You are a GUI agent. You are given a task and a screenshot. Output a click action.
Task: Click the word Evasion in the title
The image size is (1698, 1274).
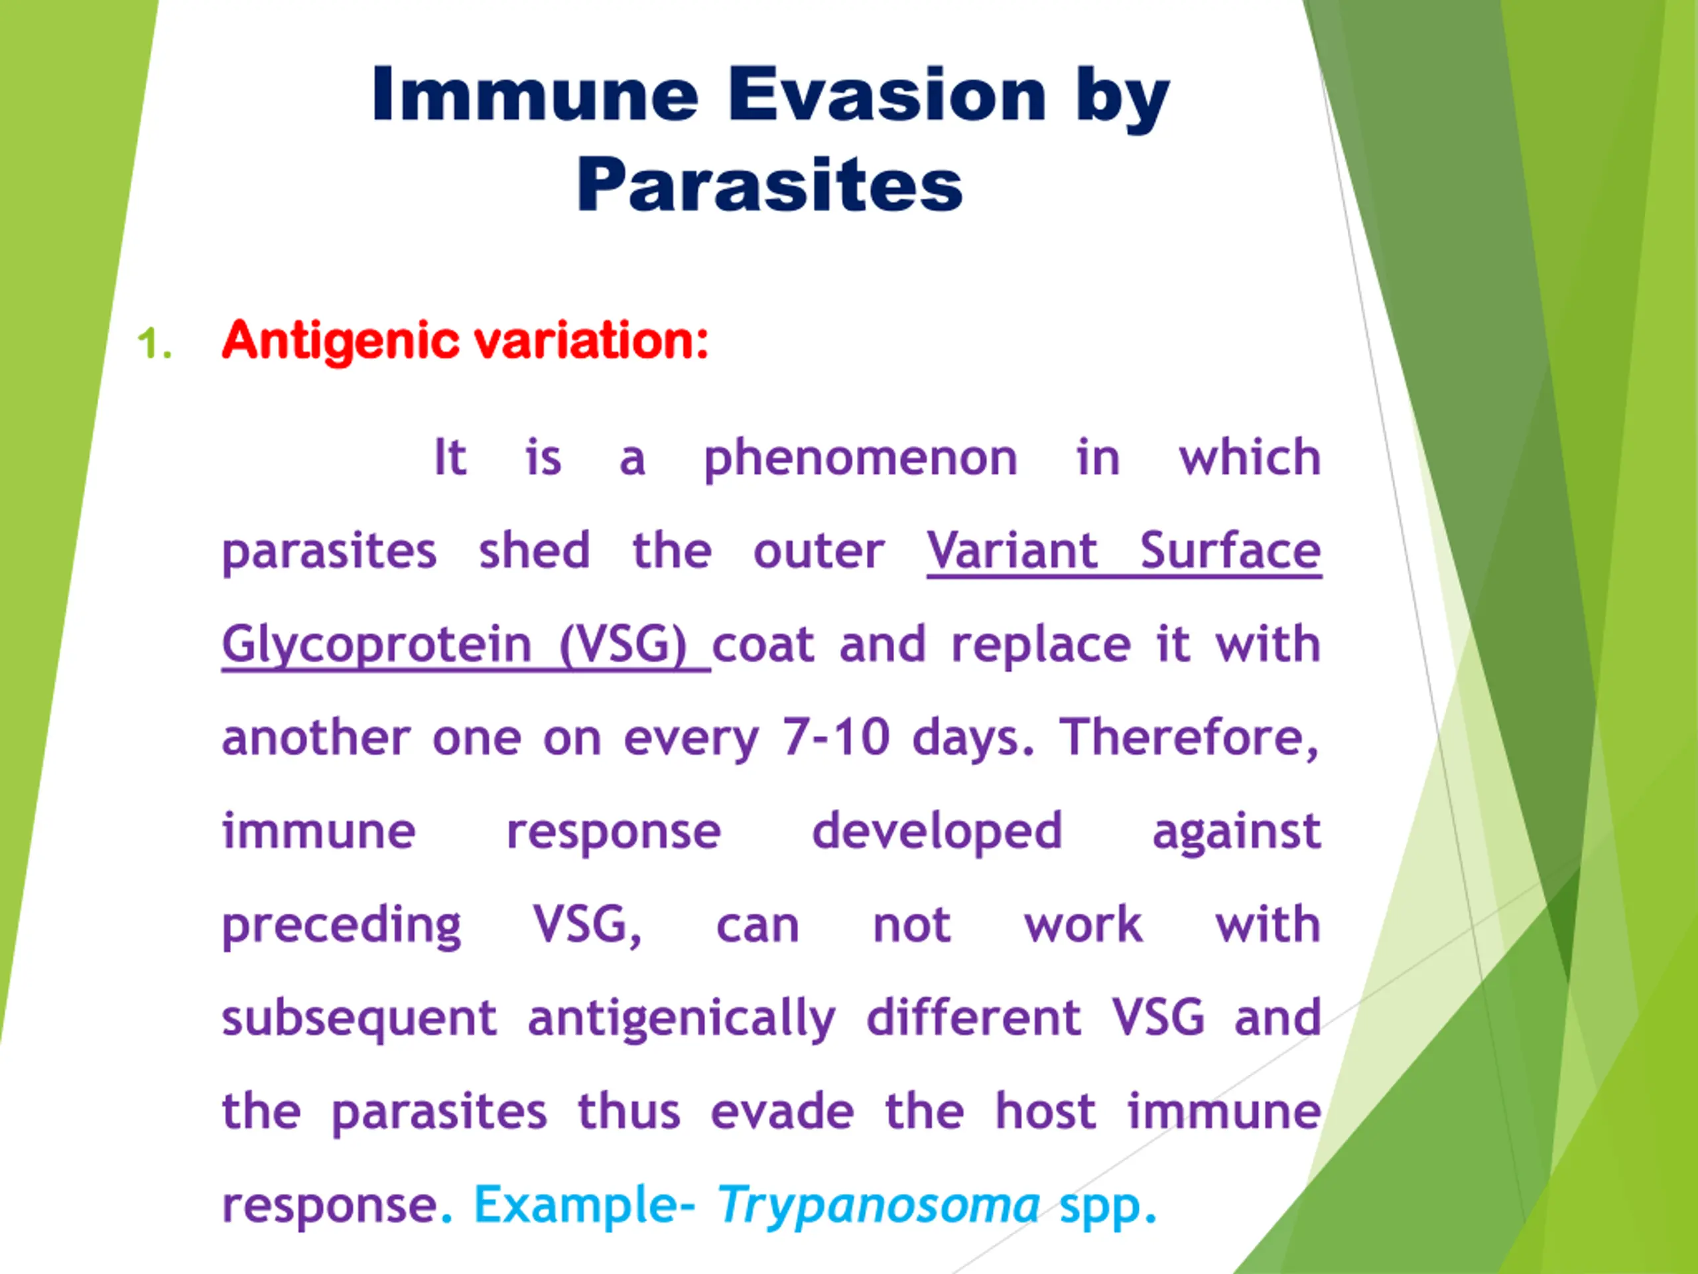(x=887, y=94)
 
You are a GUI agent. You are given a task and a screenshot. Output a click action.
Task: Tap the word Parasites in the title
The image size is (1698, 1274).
(x=770, y=184)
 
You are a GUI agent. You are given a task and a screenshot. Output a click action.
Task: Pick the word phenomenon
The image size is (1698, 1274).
(x=860, y=459)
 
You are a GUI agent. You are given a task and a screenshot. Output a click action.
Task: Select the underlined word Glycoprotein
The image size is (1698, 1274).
(x=377, y=646)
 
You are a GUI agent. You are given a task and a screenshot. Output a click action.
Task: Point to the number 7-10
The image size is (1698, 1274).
(x=836, y=737)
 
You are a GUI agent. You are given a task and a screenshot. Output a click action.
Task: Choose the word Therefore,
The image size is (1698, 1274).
(x=1190, y=738)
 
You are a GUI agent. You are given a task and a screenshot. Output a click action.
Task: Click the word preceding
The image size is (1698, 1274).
(x=342, y=926)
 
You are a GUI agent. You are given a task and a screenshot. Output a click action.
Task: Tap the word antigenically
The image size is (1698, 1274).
(x=682, y=1019)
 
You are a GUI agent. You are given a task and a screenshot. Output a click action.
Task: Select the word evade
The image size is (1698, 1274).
(x=782, y=1111)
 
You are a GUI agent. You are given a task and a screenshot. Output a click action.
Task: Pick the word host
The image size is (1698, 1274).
(x=1045, y=1111)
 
